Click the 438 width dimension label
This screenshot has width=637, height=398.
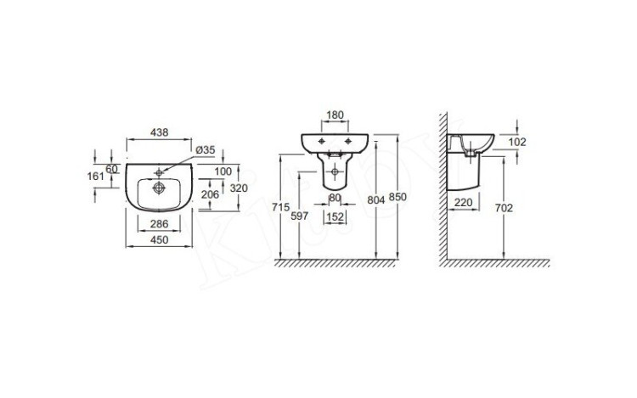(160, 132)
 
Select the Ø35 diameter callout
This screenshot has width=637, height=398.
(206, 149)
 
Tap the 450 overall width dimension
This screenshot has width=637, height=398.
(160, 240)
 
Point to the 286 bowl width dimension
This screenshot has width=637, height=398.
(160, 223)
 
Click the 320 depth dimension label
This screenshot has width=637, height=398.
(239, 188)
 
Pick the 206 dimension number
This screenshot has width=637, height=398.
(210, 194)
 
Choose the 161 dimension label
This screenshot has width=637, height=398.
(96, 176)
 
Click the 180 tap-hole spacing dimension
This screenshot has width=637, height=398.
(335, 115)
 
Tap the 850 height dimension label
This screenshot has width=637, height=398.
(397, 197)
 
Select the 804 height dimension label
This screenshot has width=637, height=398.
(375, 199)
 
